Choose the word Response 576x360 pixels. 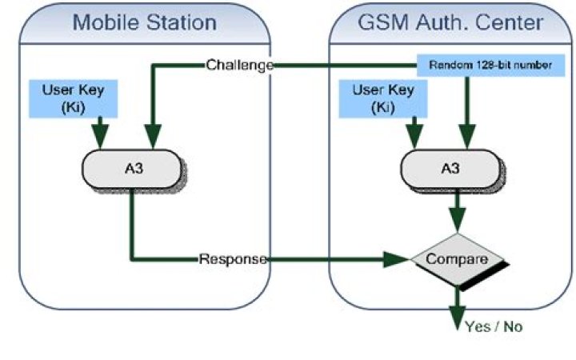click(232, 259)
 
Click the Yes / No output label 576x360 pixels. click(494, 326)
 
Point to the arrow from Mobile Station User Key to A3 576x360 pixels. click(100, 131)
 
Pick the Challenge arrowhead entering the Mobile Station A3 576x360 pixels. click(152, 139)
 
